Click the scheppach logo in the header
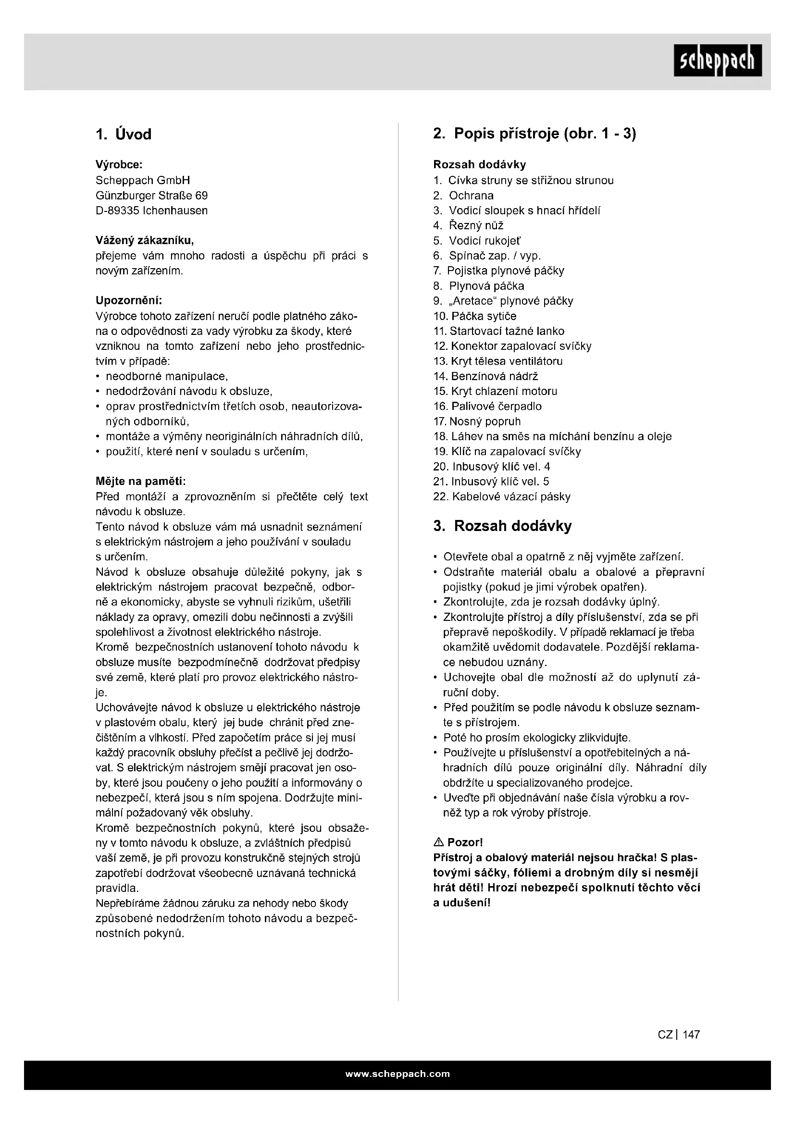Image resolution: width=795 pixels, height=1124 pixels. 717,60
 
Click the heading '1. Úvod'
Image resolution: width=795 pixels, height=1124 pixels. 124,134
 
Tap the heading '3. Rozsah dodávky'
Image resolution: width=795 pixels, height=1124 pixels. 502,526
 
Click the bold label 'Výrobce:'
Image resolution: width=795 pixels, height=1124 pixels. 119,165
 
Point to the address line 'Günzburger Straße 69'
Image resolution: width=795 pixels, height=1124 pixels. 151,196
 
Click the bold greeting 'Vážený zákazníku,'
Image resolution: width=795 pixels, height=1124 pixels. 144,241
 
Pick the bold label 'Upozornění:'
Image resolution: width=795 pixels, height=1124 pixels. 129,300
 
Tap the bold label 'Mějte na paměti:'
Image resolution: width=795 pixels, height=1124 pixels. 140,482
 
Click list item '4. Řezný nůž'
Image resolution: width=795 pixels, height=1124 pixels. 469,226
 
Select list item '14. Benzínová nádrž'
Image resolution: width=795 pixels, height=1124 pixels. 485,376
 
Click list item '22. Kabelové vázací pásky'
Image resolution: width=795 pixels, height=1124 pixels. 502,497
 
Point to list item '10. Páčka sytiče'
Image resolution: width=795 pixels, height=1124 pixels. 475,316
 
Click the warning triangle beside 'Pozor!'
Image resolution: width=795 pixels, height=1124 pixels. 439,842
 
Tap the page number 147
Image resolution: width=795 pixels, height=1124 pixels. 691,1035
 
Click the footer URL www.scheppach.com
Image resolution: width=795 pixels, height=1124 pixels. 397,1074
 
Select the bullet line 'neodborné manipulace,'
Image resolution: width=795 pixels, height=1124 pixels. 167,376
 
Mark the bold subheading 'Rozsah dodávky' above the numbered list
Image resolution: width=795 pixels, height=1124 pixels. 479,165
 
